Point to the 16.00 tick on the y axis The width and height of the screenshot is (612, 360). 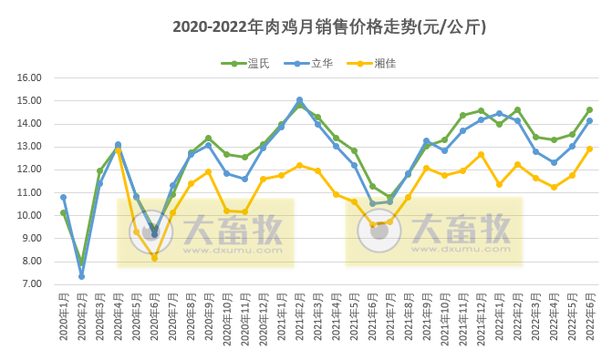[31, 78]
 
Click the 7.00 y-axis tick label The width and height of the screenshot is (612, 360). [31, 284]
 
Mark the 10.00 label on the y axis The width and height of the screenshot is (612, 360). [31, 216]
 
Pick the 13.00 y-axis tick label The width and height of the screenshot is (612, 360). [31, 147]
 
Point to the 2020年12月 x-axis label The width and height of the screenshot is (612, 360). [264, 317]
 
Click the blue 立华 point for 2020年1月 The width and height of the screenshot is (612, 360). [64, 197]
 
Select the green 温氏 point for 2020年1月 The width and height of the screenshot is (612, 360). [64, 212]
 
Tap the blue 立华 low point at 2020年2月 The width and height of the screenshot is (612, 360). [82, 276]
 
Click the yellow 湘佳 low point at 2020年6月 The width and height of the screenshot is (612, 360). [154, 258]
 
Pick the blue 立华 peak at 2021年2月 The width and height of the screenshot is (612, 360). [299, 100]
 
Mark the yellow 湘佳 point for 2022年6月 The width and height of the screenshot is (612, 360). [589, 149]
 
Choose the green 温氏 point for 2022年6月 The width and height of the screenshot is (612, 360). [589, 109]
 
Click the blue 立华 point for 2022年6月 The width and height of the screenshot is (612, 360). [589, 120]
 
